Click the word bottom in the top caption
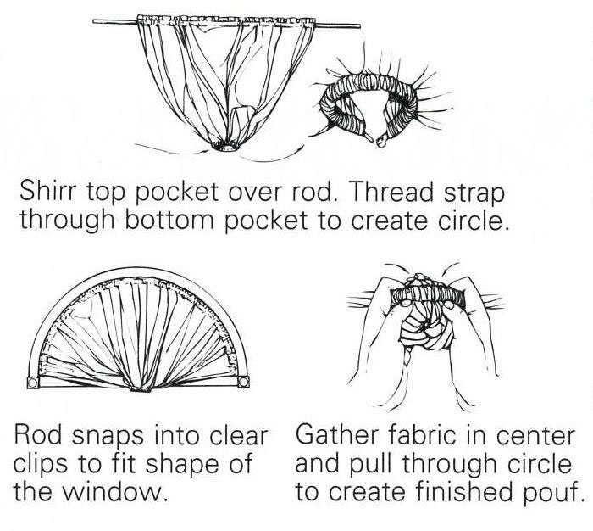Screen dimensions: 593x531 (x=169, y=220)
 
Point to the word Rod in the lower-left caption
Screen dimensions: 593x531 (x=37, y=435)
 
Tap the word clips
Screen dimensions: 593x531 (x=42, y=464)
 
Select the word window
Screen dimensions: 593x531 (x=114, y=491)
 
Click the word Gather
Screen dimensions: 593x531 (x=339, y=435)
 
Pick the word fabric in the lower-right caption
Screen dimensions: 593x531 (x=424, y=435)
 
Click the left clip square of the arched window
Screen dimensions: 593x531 (x=32, y=383)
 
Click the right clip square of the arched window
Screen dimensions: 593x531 (x=244, y=382)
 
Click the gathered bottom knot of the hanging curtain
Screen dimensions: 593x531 (x=228, y=146)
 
